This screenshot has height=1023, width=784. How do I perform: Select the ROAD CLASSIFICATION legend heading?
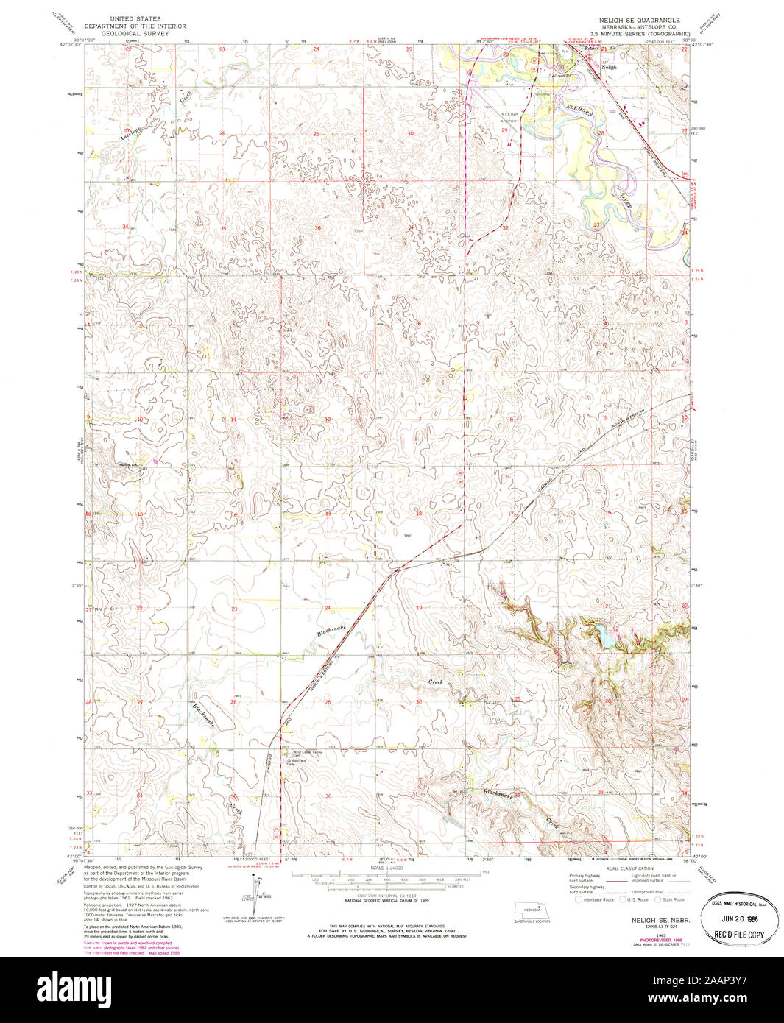(x=629, y=869)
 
